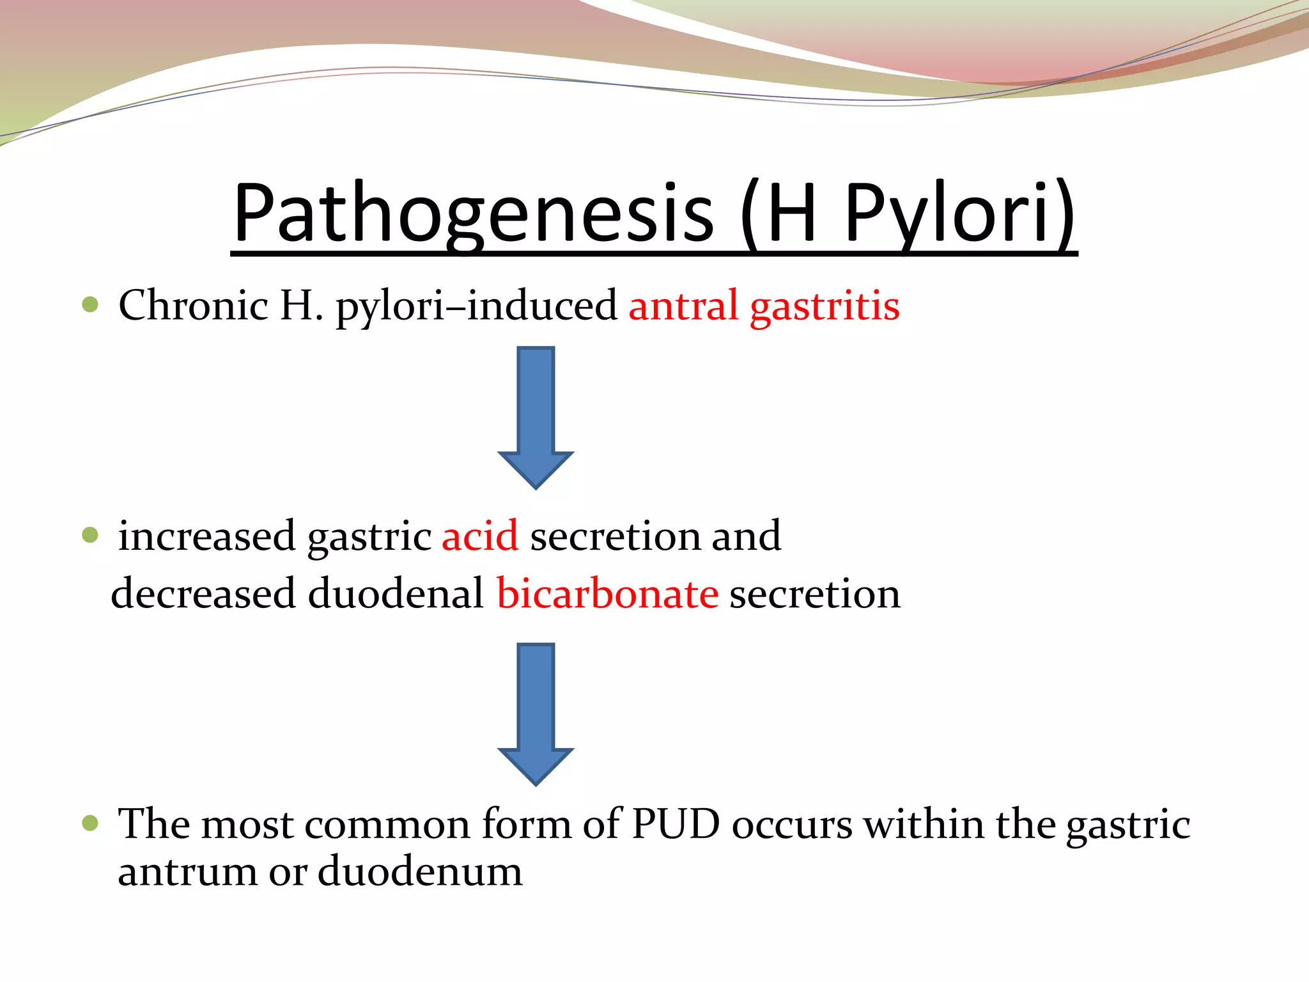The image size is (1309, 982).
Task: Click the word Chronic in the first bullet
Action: [x=193, y=305]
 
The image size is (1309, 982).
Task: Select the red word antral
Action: [x=683, y=305]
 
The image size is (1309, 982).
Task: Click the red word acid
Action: [x=479, y=536]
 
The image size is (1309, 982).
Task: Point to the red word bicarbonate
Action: [x=607, y=593]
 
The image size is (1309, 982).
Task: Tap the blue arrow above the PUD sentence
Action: [x=536, y=713]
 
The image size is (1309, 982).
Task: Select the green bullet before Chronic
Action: [x=90, y=304]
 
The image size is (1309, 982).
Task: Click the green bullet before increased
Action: [x=90, y=534]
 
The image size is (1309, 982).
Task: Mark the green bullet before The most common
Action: [x=90, y=823]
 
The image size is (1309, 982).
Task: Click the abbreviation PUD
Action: [x=676, y=823]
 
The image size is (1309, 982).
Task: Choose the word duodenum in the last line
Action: [x=420, y=871]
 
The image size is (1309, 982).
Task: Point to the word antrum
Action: [x=187, y=872]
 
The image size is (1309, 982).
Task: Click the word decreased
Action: [x=203, y=593]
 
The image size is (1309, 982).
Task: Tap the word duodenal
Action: [x=396, y=593]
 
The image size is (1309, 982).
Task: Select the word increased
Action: [x=206, y=536]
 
